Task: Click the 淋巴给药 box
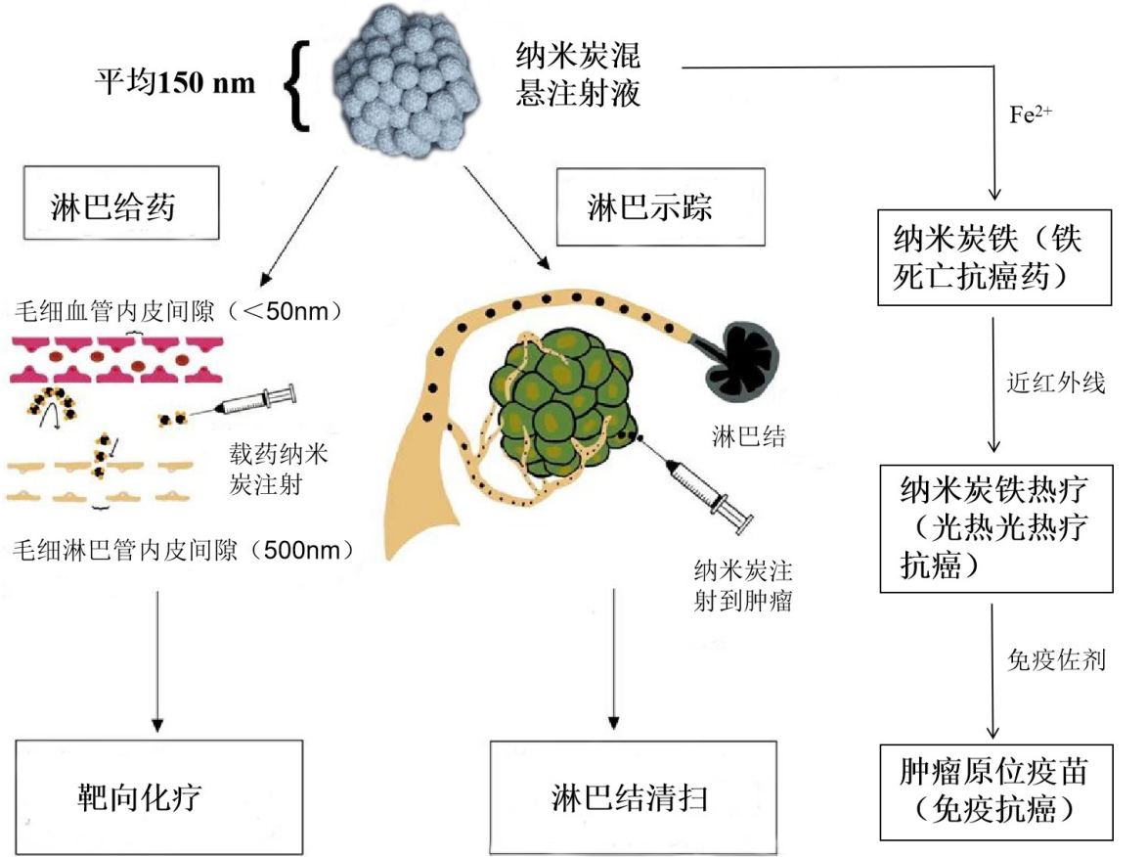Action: pos(117,206)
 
